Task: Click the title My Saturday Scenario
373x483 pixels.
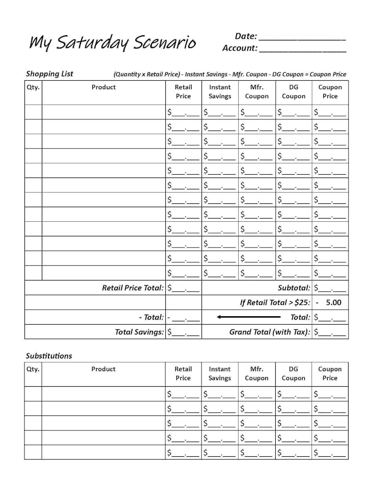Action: click(112, 43)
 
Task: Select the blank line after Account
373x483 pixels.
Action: click(303, 48)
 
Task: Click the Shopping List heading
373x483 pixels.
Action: click(49, 74)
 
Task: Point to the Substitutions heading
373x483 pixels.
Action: click(49, 356)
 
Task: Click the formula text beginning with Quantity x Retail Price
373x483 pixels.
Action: click(230, 74)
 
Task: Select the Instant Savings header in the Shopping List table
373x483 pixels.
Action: click(220, 92)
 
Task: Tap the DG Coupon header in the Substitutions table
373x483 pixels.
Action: click(294, 374)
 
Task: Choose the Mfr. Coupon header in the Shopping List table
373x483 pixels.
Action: click(256, 92)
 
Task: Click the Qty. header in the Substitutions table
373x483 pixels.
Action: click(33, 369)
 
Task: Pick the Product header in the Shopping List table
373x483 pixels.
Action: click(103, 87)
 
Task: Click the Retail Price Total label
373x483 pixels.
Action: click(133, 288)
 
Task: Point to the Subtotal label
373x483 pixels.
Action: click(294, 288)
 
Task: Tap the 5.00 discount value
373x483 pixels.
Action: click(333, 303)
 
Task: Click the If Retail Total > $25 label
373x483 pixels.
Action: click(275, 303)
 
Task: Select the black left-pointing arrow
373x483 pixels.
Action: click(249, 317)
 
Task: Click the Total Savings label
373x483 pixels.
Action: click(140, 332)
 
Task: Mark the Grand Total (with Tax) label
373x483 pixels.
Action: click(270, 332)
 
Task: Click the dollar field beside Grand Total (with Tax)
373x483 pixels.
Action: click(330, 332)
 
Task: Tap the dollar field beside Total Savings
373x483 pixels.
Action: click(184, 332)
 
